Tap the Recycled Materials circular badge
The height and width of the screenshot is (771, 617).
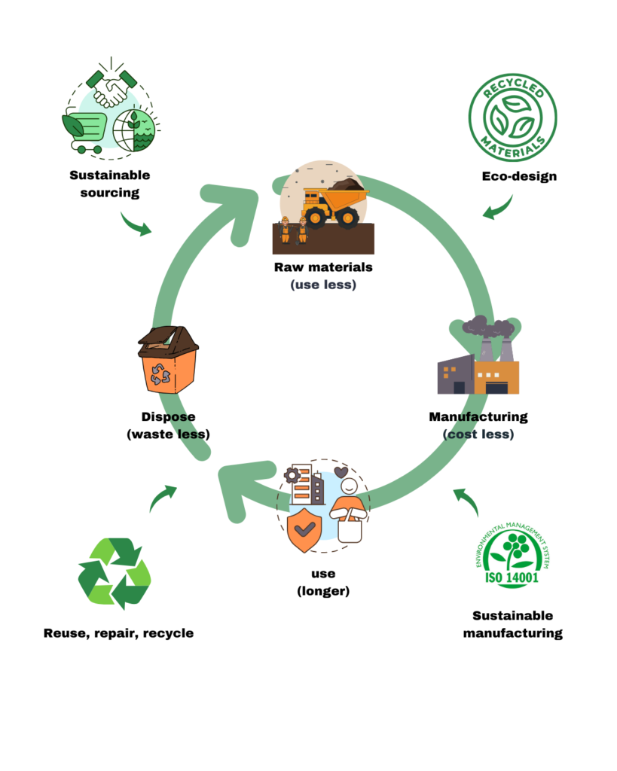(512, 117)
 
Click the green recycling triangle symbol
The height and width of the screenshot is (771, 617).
(115, 573)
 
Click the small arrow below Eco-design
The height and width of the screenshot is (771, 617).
(497, 208)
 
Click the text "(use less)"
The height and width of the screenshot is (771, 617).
(322, 285)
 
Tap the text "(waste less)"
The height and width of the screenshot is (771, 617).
(168, 434)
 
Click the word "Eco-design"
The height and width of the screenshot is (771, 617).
(519, 176)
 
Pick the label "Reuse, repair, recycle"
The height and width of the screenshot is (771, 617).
(118, 633)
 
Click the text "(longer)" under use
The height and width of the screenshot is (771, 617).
(322, 591)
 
